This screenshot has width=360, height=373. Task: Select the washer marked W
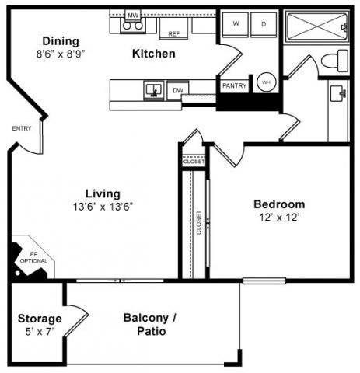pyautogui.click(x=236, y=25)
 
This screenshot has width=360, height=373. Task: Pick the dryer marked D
pyautogui.click(x=264, y=25)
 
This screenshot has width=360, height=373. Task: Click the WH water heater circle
pyautogui.click(x=266, y=82)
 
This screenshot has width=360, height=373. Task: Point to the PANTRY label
pyautogui.click(x=234, y=85)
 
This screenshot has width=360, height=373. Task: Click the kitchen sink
pyautogui.click(x=152, y=90)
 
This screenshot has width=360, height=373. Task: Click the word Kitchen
pyautogui.click(x=153, y=54)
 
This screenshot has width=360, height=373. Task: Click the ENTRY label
pyautogui.click(x=21, y=128)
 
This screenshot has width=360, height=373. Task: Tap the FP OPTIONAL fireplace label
pyautogui.click(x=38, y=257)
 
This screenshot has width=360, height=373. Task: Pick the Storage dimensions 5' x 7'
pyautogui.click(x=40, y=332)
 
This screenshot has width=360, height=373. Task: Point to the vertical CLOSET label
pyautogui.click(x=199, y=222)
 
